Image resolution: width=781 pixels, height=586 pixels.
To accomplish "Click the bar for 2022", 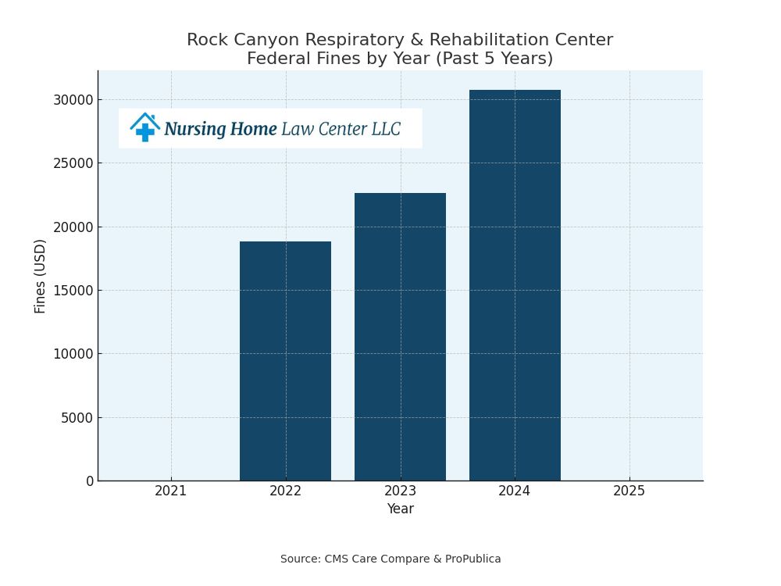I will click(x=285, y=361).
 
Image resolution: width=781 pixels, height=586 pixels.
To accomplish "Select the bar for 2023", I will click(x=400, y=337).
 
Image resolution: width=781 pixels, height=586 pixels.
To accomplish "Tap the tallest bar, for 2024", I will click(x=515, y=285).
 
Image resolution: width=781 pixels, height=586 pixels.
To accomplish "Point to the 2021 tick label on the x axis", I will click(x=171, y=491).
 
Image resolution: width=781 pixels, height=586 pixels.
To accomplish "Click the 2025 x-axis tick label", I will click(x=629, y=491).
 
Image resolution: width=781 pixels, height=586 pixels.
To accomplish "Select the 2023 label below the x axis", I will click(x=400, y=491).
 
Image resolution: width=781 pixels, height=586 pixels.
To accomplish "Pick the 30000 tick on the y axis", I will click(x=73, y=100).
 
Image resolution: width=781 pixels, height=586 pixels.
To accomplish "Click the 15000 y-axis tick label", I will click(x=73, y=291).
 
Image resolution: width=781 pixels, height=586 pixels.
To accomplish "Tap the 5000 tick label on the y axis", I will click(x=77, y=417).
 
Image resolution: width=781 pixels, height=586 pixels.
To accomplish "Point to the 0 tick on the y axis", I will click(x=90, y=481).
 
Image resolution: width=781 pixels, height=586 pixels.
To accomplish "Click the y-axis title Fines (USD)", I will click(x=41, y=276).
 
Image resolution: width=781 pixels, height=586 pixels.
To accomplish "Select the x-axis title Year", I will click(x=400, y=509).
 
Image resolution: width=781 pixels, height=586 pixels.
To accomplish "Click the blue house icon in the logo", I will click(x=144, y=127).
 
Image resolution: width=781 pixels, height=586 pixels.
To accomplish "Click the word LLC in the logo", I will click(x=386, y=129).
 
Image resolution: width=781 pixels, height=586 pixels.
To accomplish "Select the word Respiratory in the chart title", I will click(x=346, y=40).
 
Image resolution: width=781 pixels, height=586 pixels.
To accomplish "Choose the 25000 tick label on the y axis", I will click(x=73, y=163).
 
